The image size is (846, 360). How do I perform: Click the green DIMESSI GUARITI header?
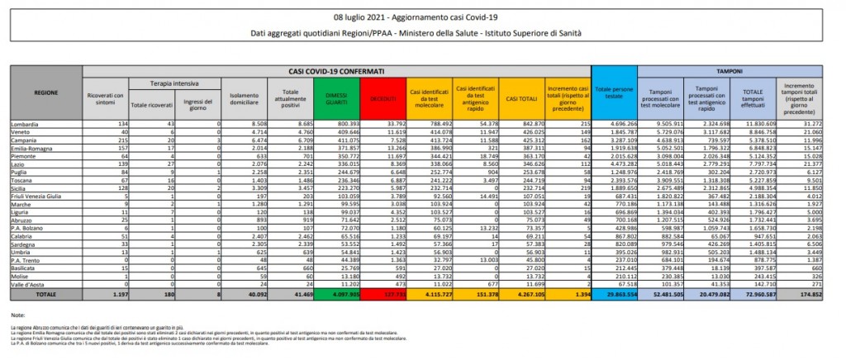335,99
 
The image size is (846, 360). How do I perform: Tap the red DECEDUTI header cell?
385,99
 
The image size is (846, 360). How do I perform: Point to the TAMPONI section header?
727,72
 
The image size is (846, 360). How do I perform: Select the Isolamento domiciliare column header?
241,99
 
